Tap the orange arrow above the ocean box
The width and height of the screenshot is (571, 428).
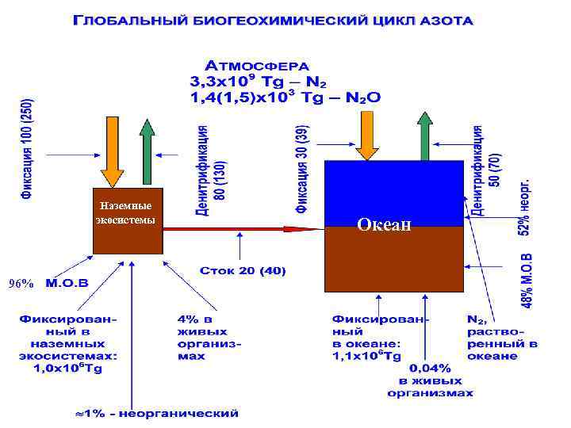pos(366,136)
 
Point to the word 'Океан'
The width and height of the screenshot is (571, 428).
pos(384,224)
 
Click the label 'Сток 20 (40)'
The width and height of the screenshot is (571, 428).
pos(243,272)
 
